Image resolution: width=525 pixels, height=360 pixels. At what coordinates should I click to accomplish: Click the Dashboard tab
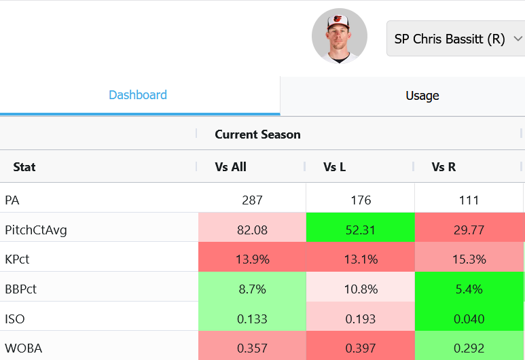tap(138, 95)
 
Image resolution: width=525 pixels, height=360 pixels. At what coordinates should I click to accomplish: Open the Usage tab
tap(422, 96)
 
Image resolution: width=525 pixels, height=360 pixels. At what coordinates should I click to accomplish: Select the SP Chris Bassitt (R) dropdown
tap(456, 39)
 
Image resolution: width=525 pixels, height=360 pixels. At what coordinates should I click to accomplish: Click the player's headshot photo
tap(339, 36)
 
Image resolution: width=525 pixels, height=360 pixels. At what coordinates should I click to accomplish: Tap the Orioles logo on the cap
tap(338, 19)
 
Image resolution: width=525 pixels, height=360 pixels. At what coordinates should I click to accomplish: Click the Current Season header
tap(257, 134)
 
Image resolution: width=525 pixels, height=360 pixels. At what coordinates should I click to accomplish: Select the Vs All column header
tap(230, 167)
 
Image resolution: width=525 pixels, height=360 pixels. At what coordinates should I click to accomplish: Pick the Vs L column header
tap(334, 167)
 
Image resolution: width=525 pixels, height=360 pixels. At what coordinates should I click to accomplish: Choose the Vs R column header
tap(443, 167)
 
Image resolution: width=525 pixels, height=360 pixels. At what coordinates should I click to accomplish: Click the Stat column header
tap(24, 167)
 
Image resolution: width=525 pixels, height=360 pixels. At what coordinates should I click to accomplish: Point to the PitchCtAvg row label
tap(36, 230)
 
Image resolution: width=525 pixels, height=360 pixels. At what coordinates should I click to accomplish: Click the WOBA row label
tap(24, 348)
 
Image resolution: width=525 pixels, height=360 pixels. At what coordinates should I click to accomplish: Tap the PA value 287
tap(252, 200)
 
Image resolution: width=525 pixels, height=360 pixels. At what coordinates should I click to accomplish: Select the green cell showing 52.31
tap(360, 230)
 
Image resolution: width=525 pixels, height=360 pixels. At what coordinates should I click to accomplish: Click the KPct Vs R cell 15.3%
tap(469, 259)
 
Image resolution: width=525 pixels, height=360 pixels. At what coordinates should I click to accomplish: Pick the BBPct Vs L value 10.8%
tap(361, 289)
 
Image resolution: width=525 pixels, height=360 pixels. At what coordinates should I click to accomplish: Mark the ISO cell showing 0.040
tap(469, 319)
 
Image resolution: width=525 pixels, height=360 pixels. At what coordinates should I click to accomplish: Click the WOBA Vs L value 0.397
tap(360, 348)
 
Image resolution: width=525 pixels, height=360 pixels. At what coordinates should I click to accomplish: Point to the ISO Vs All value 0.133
tap(252, 319)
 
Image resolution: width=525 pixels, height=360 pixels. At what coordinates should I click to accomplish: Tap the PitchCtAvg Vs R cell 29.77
tap(469, 230)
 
